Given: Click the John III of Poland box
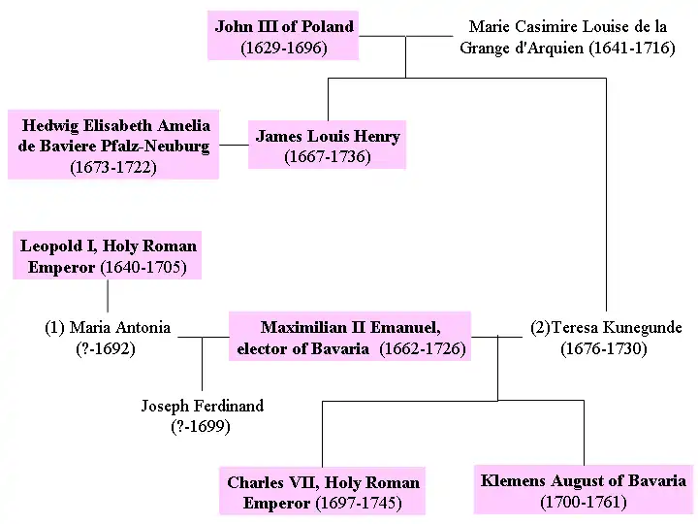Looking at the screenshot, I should [x=283, y=36].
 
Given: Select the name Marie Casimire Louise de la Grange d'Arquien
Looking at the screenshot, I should [x=567, y=37].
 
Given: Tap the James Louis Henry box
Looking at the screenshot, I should [x=327, y=146].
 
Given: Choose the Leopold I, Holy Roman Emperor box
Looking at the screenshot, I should [x=108, y=256].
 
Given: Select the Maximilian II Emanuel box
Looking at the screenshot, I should [x=350, y=337].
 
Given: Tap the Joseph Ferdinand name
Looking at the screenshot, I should [x=202, y=406].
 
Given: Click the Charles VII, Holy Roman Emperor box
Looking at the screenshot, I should [x=323, y=492].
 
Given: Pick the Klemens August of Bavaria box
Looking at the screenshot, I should [x=583, y=490].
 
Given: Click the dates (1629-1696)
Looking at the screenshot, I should [x=284, y=47].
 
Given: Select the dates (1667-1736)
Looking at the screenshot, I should [x=328, y=156].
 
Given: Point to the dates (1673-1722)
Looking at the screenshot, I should [x=113, y=167].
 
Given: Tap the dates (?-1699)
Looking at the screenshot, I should [x=202, y=426].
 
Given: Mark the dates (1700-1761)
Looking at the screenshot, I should [x=583, y=502].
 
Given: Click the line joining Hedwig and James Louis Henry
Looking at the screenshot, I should [x=234, y=146].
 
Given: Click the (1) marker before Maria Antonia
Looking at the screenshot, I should [x=54, y=327].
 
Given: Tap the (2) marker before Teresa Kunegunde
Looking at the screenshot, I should [x=540, y=327].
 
